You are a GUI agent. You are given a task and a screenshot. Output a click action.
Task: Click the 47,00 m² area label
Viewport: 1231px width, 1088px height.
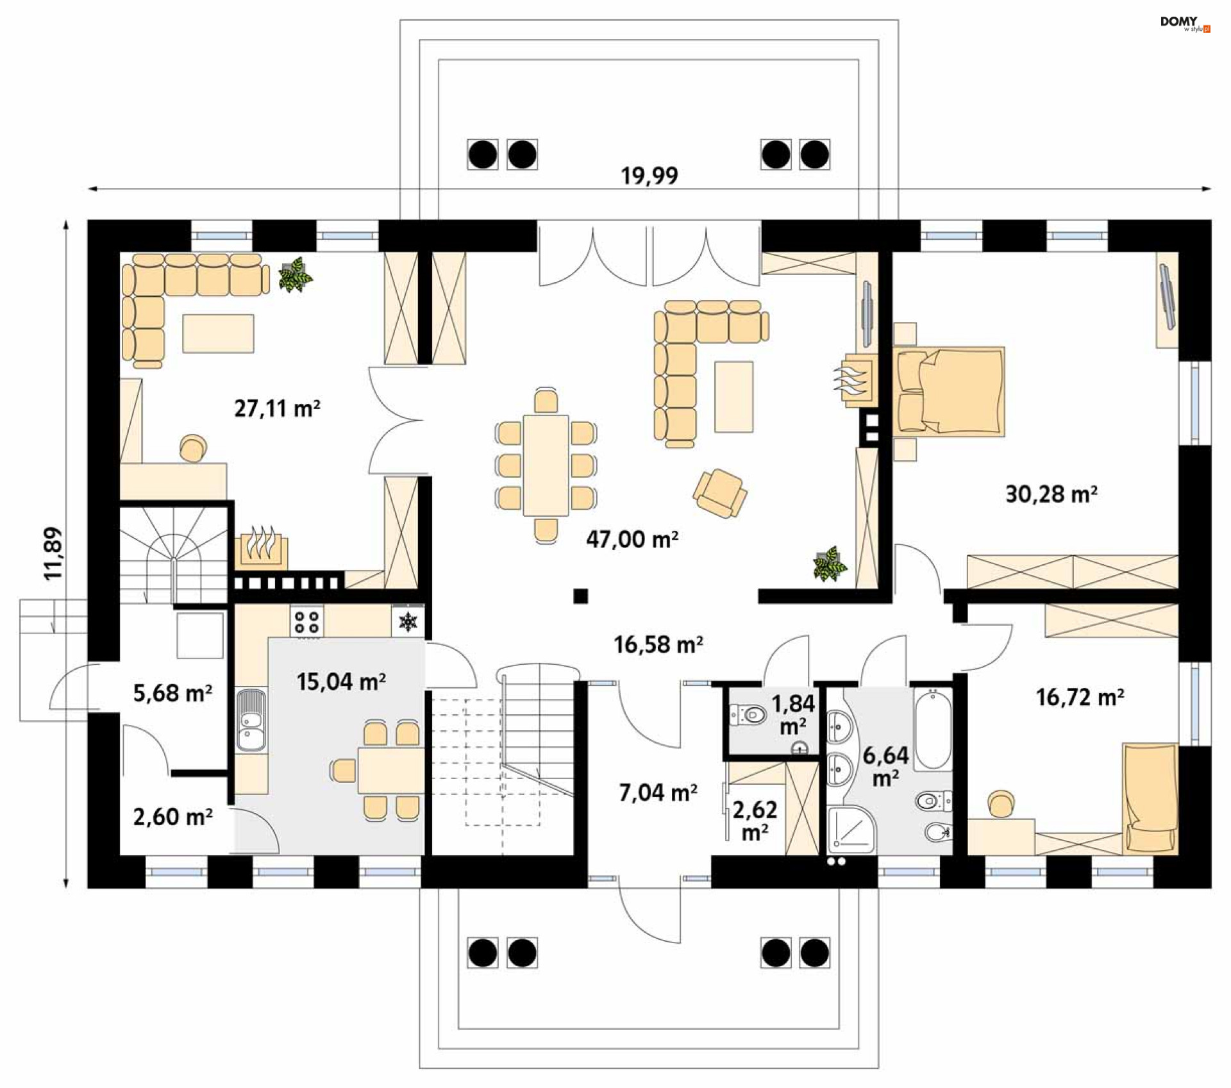click(x=632, y=540)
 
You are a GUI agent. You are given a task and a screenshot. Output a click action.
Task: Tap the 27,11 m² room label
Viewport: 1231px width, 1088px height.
click(x=277, y=408)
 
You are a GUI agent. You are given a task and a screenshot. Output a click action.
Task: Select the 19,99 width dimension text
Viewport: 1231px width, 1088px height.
click(x=649, y=176)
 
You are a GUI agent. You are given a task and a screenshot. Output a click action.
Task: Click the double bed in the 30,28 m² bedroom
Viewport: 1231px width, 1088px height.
click(x=949, y=392)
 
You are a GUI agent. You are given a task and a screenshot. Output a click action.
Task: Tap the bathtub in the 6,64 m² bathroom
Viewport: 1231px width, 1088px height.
click(x=932, y=730)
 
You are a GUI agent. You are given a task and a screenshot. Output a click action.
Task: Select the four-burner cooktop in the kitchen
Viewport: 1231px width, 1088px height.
click(x=306, y=621)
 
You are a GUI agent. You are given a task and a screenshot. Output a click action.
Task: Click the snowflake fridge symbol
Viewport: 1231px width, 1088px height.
click(x=408, y=621)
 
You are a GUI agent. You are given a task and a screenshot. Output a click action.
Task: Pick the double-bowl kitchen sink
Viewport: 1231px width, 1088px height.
click(x=251, y=719)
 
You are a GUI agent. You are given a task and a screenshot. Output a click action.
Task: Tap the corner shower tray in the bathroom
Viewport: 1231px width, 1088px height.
click(x=851, y=830)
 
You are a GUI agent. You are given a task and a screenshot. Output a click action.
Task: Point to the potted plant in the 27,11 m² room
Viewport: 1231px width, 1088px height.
click(x=295, y=275)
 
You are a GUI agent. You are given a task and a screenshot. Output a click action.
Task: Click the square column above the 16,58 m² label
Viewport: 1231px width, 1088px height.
click(x=581, y=596)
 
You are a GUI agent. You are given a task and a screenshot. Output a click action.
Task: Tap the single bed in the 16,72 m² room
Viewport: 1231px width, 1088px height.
click(x=1150, y=798)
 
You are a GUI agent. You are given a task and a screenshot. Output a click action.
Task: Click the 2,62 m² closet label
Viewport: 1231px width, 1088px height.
click(x=755, y=821)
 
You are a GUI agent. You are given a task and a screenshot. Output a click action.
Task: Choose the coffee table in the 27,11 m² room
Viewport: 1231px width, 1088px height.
click(x=218, y=333)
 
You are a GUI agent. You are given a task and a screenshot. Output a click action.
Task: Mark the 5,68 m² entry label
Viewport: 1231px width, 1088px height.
click(x=172, y=694)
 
